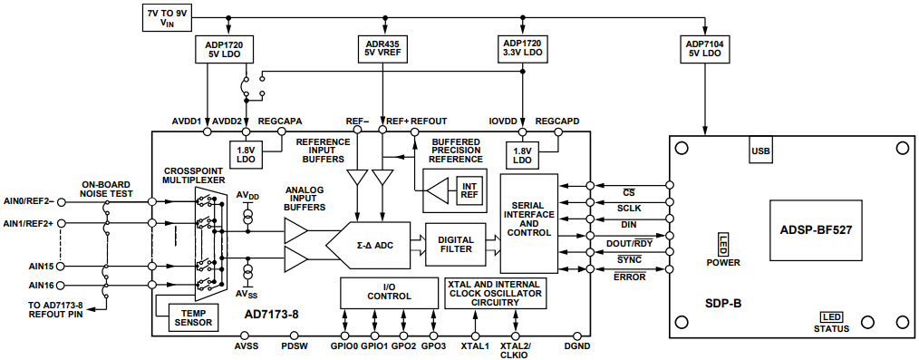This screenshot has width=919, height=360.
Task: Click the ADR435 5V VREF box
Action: pyautogui.click(x=383, y=48)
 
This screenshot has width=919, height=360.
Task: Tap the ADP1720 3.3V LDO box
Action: pyautogui.click(x=523, y=48)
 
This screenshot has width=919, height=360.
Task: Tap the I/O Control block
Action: pyautogui.click(x=389, y=292)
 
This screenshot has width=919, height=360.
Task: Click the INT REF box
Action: pyautogui.click(x=469, y=190)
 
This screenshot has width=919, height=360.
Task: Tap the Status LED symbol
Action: pyautogui.click(x=831, y=316)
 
